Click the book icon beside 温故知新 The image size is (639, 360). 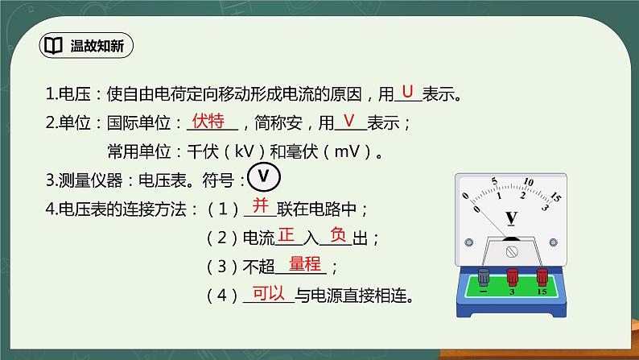(x=54, y=45)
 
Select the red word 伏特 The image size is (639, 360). (x=208, y=121)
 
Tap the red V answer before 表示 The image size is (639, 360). (x=348, y=121)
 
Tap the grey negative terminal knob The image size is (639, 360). (x=484, y=277)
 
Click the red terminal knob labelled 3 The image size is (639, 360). (x=512, y=277)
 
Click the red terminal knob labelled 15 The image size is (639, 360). (x=541, y=277)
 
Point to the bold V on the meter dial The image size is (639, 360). (x=511, y=217)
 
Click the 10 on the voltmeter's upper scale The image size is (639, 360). (x=529, y=181)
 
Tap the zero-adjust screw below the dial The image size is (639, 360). (x=512, y=251)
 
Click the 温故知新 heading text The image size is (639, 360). (x=96, y=45)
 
